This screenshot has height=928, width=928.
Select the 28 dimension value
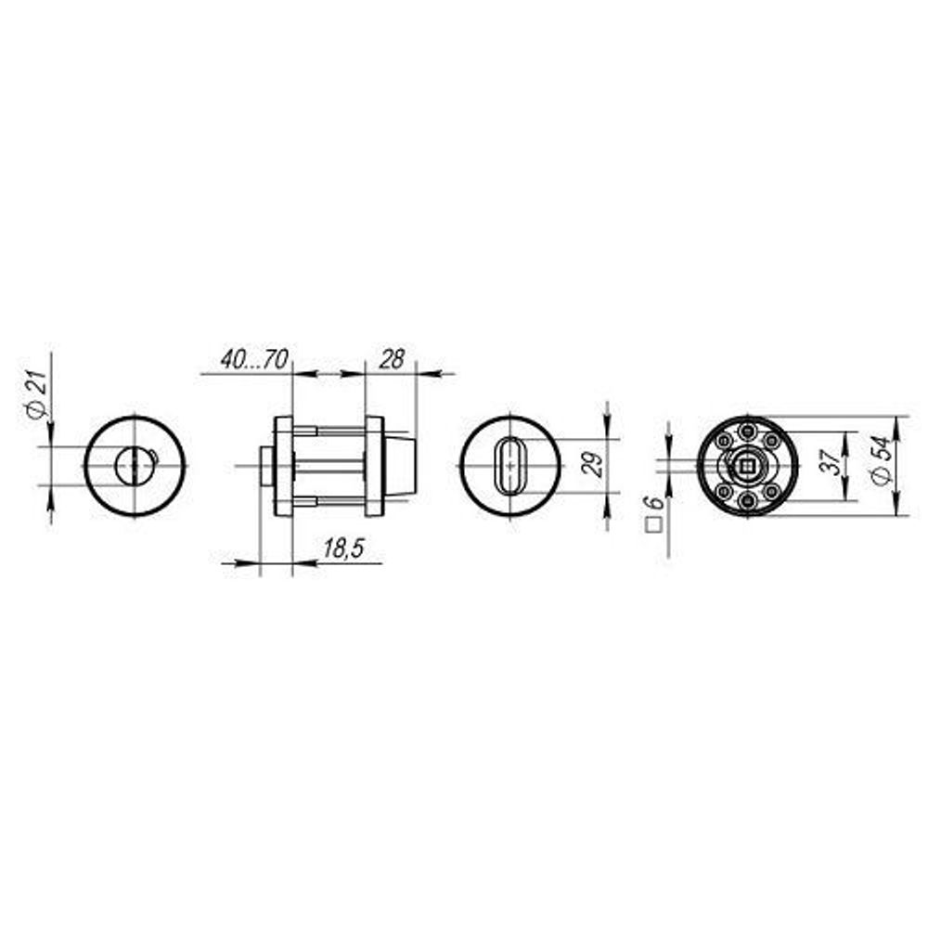(x=393, y=359)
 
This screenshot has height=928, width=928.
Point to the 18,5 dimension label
(x=341, y=549)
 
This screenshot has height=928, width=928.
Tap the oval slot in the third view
(x=510, y=464)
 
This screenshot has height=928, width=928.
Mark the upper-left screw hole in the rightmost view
(x=721, y=440)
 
